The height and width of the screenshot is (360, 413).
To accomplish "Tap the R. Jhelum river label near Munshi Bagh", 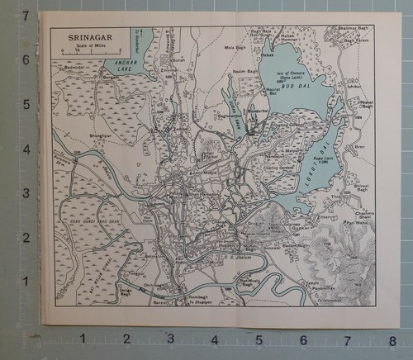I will click(x=240, y=257).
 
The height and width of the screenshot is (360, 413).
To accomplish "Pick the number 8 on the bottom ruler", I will click(x=392, y=338).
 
